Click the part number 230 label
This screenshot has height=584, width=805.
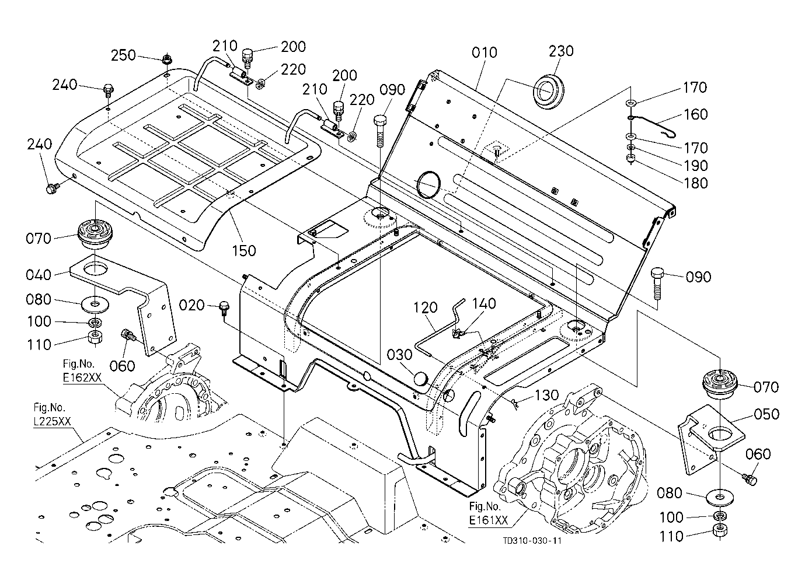click(x=561, y=51)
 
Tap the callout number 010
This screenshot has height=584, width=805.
click(x=485, y=53)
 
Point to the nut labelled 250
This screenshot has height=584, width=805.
click(x=166, y=60)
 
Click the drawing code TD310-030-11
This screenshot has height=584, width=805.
click(x=532, y=541)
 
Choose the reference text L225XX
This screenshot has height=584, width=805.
click(x=52, y=421)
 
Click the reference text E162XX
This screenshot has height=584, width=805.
click(x=82, y=377)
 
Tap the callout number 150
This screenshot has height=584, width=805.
click(x=243, y=251)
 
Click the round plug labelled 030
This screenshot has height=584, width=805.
click(x=420, y=379)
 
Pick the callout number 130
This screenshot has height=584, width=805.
click(x=546, y=395)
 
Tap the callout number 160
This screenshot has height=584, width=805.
click(x=695, y=114)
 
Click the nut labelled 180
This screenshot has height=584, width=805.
click(x=630, y=158)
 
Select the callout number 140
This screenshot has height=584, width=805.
click(x=484, y=304)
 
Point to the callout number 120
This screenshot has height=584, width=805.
click(x=425, y=307)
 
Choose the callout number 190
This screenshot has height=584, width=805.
click(x=696, y=166)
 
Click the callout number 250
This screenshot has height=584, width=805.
click(x=123, y=55)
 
